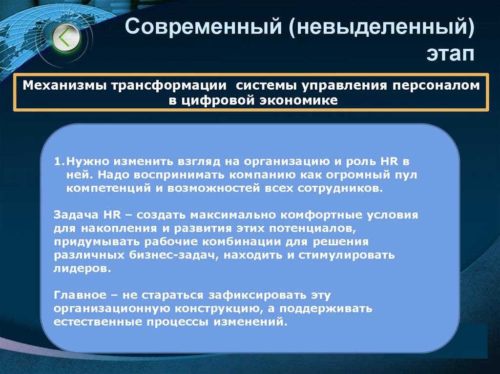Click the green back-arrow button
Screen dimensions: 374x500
pos(65,38)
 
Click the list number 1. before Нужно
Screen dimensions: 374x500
pos(59,160)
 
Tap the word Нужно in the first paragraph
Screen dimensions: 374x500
pos(84,160)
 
